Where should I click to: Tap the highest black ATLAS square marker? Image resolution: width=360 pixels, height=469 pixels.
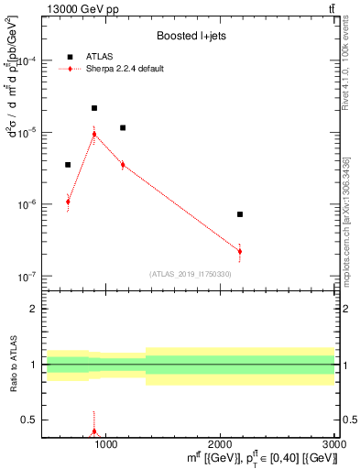94,108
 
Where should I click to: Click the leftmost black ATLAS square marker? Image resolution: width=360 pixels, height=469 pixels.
68,165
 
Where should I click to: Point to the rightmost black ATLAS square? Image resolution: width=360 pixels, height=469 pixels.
240,214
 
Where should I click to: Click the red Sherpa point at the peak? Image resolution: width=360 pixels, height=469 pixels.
94,134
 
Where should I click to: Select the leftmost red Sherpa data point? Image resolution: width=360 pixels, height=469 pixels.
68,202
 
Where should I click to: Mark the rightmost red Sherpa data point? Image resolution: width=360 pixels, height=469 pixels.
240,251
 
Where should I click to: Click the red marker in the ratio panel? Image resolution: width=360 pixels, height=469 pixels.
94,431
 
